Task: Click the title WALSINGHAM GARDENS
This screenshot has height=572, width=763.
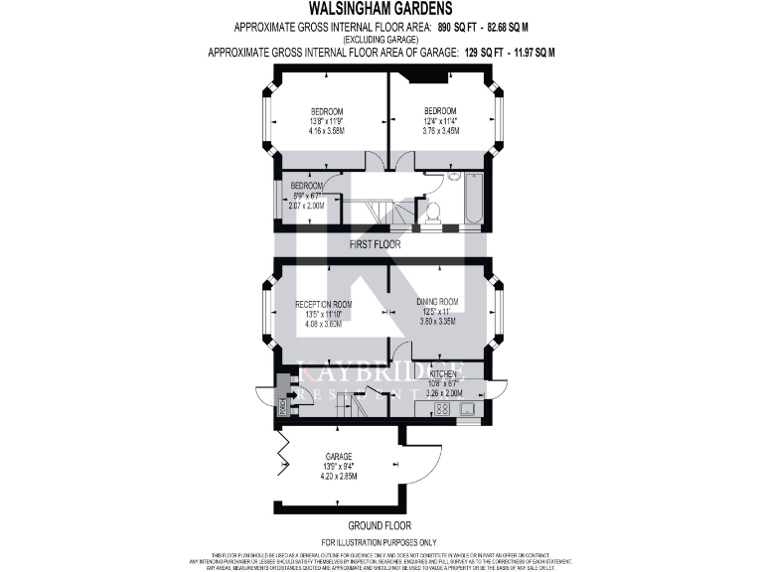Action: pos(381,8)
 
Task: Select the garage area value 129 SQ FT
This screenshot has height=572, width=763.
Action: pos(488,51)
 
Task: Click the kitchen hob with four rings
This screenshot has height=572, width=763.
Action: pos(415,407)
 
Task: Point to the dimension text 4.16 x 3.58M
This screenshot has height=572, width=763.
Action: pos(326,130)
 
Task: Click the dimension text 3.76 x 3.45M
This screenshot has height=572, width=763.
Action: pos(440,130)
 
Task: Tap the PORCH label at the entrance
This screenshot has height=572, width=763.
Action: pos(282,404)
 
